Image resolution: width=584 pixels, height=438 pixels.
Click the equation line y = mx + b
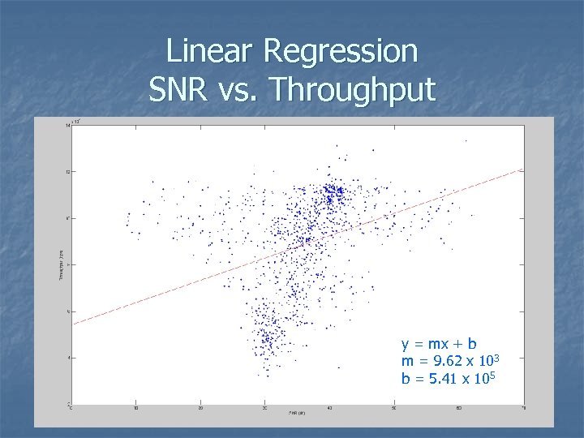pyautogui.click(x=439, y=344)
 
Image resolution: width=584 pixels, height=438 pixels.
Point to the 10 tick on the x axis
pyautogui.click(x=135, y=409)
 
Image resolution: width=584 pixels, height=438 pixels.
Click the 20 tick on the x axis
pyautogui.click(x=200, y=409)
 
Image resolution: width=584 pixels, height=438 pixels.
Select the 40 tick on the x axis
pyautogui.click(x=329, y=409)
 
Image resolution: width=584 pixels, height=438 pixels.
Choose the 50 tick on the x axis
pyautogui.click(x=394, y=409)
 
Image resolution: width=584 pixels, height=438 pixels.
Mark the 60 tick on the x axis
pyautogui.click(x=458, y=409)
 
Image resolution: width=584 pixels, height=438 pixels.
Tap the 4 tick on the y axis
pyautogui.click(x=68, y=358)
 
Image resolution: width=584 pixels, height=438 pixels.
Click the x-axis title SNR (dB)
pyautogui.click(x=296, y=414)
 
